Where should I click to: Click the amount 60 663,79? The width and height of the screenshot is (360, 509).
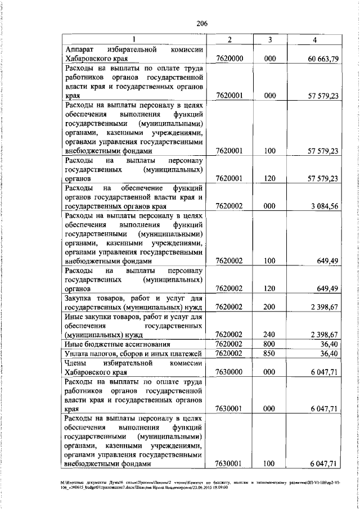click(x=323, y=58)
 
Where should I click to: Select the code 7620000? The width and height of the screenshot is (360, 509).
click(x=229, y=58)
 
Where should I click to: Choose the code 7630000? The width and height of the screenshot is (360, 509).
click(x=229, y=372)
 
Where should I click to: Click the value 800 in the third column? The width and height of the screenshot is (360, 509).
click(x=271, y=344)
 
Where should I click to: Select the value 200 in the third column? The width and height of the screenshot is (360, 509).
click(x=271, y=307)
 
